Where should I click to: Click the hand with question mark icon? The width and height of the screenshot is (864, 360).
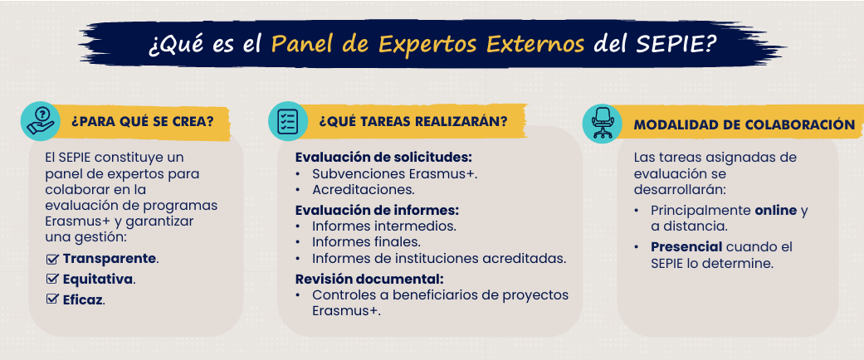coord(40,121)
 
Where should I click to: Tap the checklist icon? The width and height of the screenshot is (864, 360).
coord(288,121)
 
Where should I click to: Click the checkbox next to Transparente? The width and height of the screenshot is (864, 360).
coord(52,259)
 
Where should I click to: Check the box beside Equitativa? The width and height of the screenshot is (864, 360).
coord(52,279)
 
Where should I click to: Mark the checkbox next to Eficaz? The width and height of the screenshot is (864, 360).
coord(52,299)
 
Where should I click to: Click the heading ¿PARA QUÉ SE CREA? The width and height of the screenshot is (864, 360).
coord(142,122)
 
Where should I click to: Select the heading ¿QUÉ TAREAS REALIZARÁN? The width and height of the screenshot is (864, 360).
coord(412,121)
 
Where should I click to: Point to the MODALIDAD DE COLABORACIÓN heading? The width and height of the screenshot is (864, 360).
coord(744,125)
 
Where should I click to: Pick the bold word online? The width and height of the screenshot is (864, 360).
coord(776,211)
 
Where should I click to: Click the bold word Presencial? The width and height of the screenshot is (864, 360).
coord(686,246)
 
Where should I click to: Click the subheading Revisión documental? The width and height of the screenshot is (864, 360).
coord(369,279)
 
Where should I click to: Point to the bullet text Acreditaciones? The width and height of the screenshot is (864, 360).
coord(364,191)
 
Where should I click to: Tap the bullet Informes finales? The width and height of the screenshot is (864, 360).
coord(366,241)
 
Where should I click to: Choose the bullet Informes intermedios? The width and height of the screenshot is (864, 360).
coord(384,226)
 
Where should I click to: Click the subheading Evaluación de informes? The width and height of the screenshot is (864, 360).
coord(378,210)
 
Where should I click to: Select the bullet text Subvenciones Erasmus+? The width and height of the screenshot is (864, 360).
coord(395,174)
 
